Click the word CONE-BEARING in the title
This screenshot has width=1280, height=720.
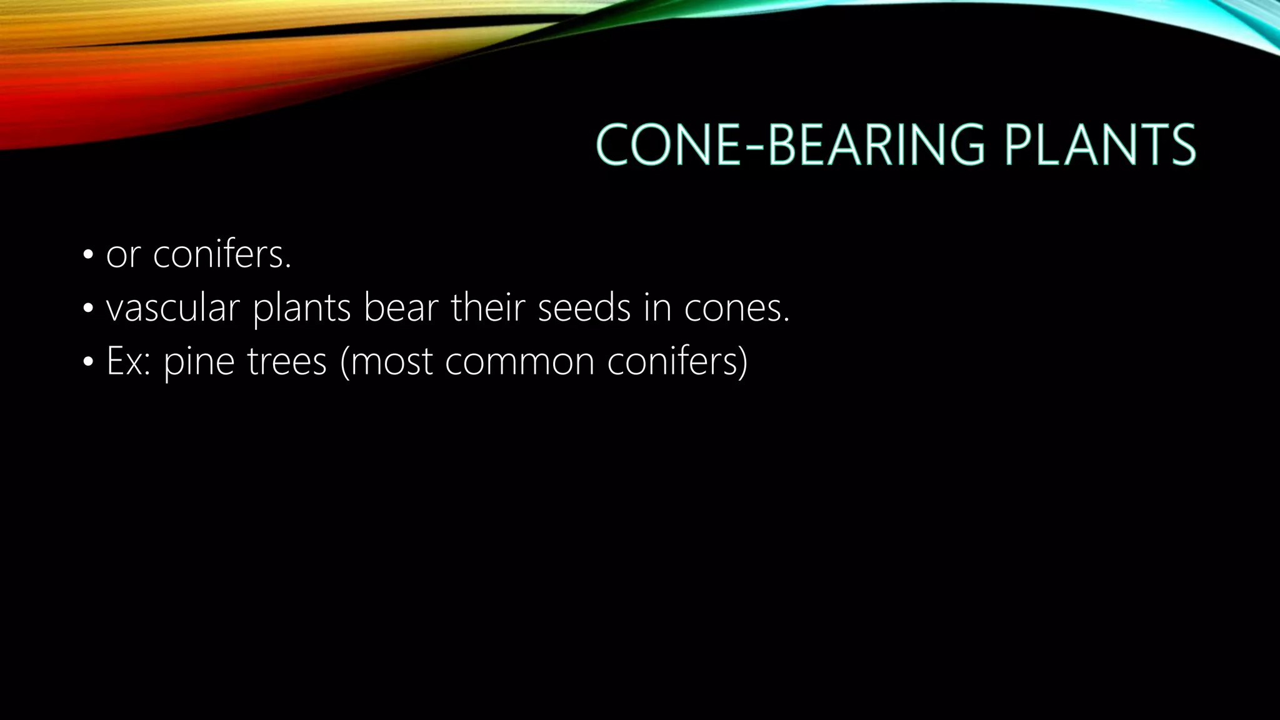click(789, 145)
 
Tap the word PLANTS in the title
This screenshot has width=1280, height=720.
click(1100, 145)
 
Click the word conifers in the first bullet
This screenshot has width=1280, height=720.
click(222, 255)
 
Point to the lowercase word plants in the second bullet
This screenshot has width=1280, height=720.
click(301, 309)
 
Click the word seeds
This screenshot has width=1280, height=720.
click(584, 309)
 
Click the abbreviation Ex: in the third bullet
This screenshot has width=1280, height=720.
click(128, 362)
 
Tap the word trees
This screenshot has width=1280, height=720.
click(287, 362)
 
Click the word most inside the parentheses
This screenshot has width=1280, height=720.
click(391, 362)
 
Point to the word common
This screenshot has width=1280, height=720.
click(519, 362)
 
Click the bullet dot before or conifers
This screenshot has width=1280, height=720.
click(87, 255)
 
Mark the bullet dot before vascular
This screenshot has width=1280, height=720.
click(87, 308)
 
